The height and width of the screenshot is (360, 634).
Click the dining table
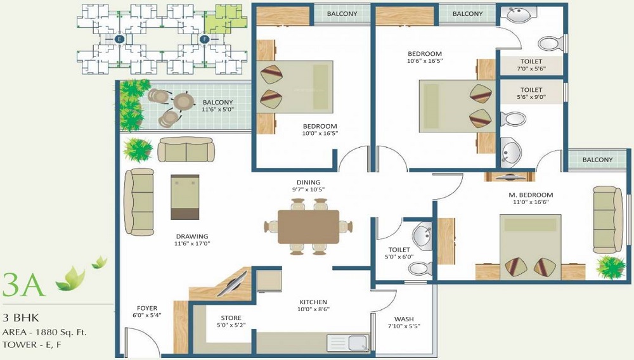point(308,227)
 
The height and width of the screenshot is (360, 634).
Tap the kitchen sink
point(347,343)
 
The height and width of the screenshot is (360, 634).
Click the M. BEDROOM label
point(531,195)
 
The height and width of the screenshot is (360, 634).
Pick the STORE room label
point(231,318)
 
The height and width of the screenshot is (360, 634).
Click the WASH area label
point(404,319)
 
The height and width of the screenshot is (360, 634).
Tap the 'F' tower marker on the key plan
point(205,39)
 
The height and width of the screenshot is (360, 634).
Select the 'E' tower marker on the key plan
point(119,39)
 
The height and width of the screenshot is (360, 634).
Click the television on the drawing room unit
point(232,284)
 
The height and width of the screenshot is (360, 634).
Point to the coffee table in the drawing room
point(184,197)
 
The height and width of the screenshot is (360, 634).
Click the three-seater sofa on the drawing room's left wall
point(139,202)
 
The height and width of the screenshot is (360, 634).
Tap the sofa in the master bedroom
point(607,220)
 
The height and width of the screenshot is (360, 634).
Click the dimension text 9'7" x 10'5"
point(309,189)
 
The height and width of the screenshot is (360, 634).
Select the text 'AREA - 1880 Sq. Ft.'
point(44,332)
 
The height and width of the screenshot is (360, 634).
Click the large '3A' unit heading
point(23,285)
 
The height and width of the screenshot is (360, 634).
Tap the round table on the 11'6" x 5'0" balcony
point(184,101)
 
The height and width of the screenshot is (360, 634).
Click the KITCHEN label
point(313,302)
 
